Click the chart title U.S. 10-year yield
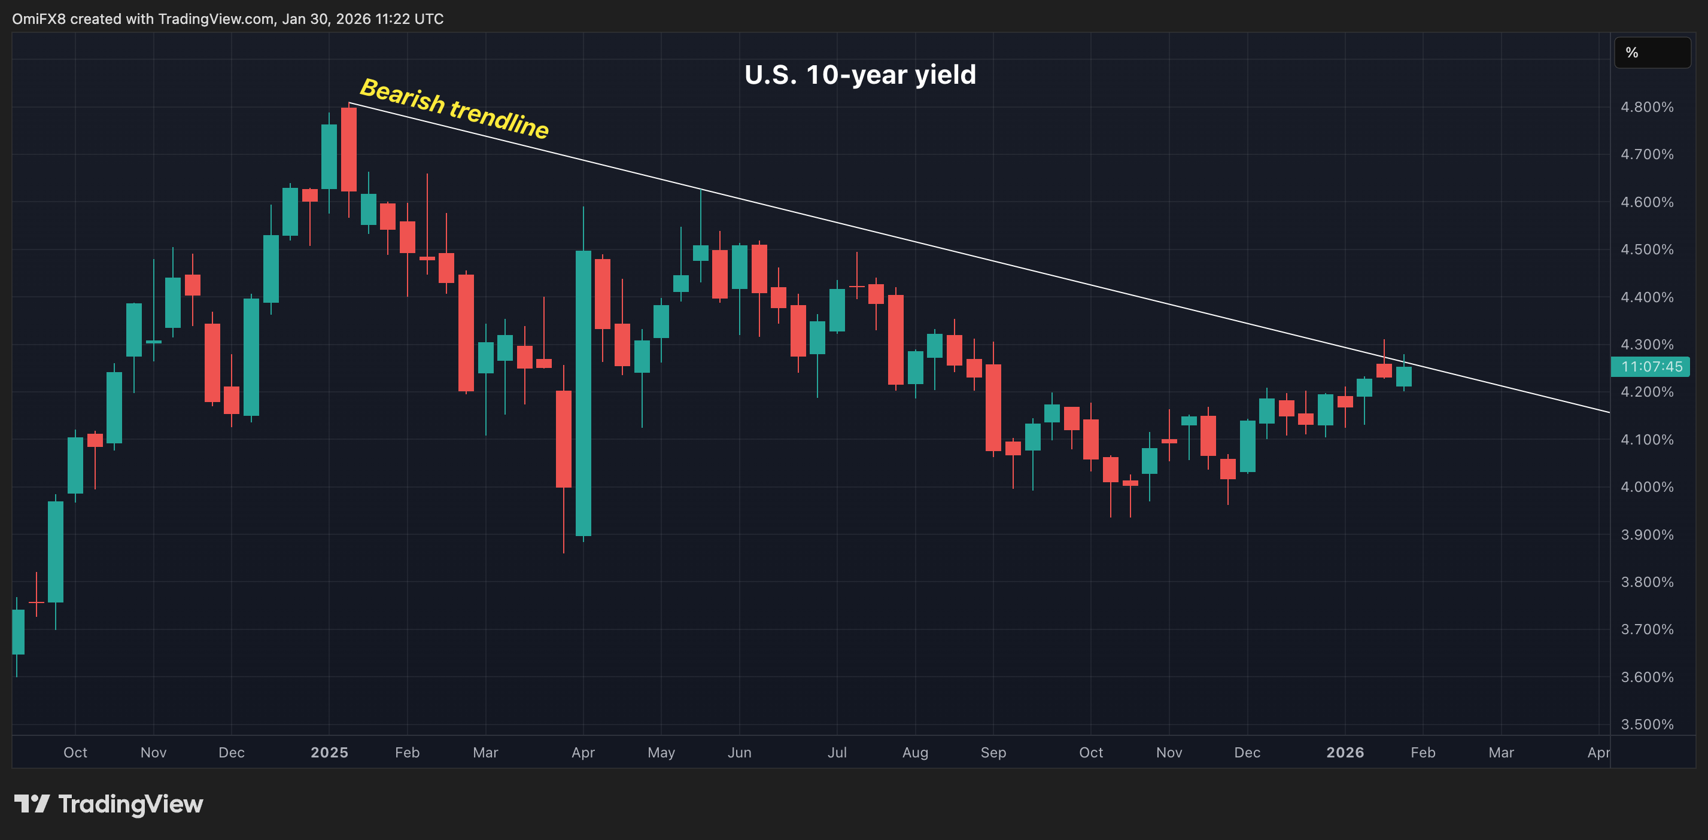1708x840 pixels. (860, 74)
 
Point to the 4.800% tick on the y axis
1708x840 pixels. (1646, 106)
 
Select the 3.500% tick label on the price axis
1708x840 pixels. (1646, 724)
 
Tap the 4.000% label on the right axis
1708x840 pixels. (1646, 486)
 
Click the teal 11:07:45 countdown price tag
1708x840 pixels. (1651, 367)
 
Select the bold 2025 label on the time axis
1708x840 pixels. (329, 752)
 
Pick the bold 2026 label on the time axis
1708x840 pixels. (1345, 752)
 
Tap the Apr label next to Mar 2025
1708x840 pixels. (583, 752)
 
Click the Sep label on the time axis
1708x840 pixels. (993, 752)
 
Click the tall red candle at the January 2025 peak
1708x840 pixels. (349, 149)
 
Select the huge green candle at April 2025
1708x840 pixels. (583, 392)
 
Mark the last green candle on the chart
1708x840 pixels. (1403, 376)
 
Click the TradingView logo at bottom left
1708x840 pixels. (109, 804)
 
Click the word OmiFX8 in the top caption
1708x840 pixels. (38, 19)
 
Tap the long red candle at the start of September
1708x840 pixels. (993, 407)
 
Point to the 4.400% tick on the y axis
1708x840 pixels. (1646, 297)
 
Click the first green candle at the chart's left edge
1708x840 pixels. (18, 631)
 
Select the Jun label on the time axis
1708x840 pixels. (739, 752)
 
